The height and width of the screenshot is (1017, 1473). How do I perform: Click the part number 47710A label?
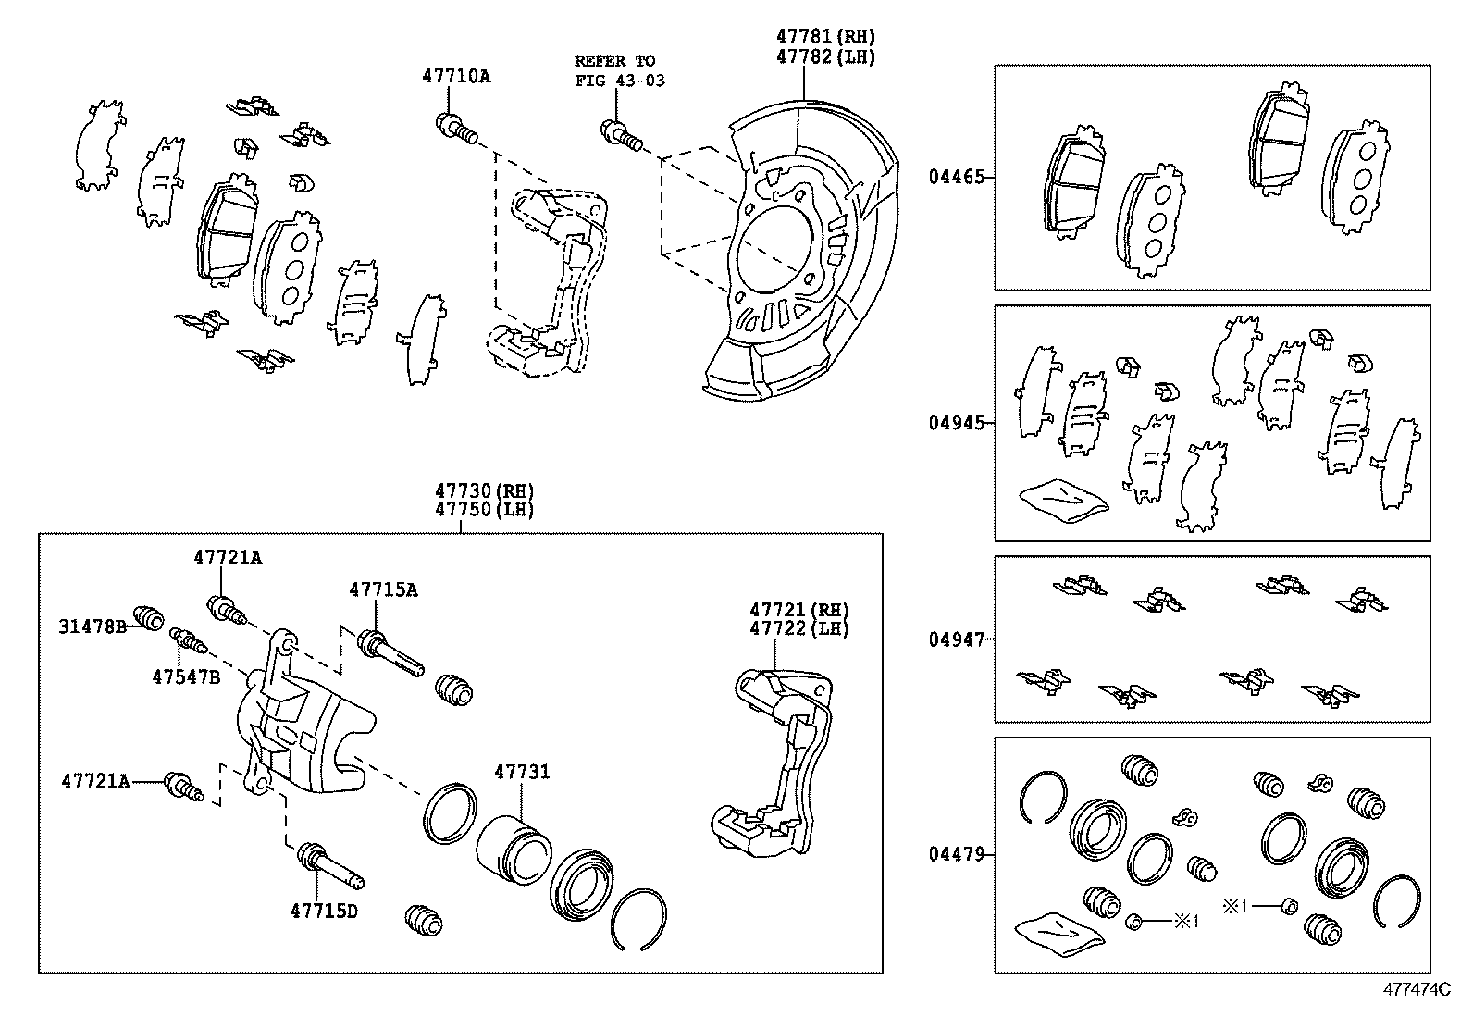(x=457, y=77)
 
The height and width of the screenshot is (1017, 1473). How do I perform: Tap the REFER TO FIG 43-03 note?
(x=619, y=70)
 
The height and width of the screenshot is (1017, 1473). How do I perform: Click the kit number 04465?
(x=956, y=177)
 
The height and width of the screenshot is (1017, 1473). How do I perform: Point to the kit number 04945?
(x=956, y=423)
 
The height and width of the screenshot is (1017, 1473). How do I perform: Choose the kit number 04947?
(x=956, y=639)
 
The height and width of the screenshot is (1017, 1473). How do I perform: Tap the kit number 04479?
(x=956, y=855)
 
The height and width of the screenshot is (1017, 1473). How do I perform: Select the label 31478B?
(x=93, y=626)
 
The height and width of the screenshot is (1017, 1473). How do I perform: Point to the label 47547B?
(x=186, y=676)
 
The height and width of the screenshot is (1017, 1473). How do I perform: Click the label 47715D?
(x=323, y=911)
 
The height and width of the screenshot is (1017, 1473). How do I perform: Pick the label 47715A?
(x=383, y=589)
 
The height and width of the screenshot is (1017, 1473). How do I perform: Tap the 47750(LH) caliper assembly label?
(x=486, y=510)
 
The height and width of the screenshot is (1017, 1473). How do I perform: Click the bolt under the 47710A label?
(x=455, y=128)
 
